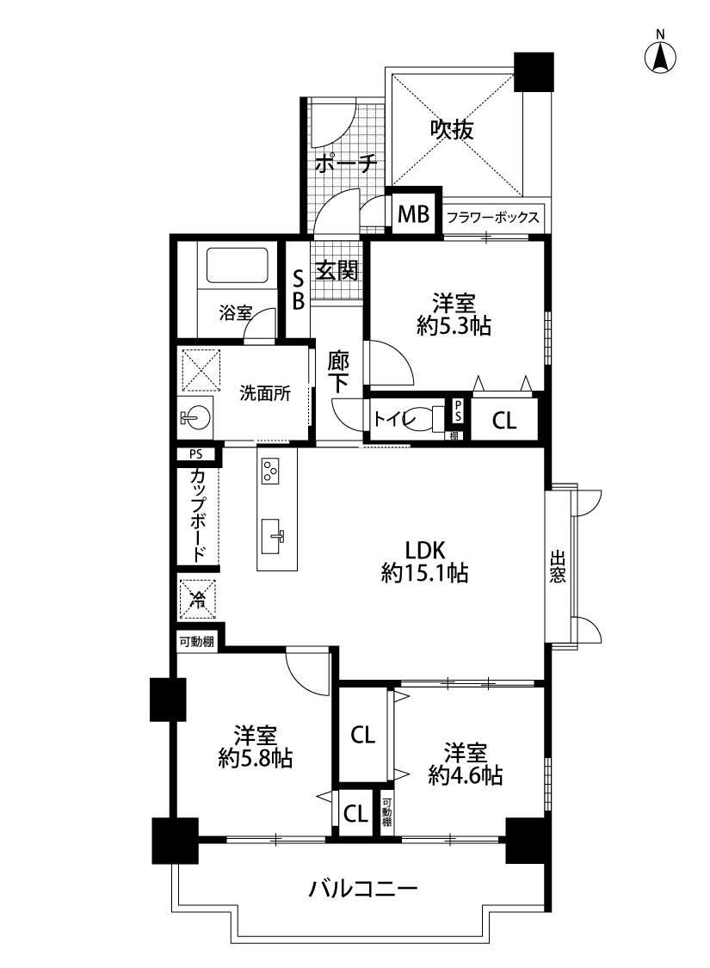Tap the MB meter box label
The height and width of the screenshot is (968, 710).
click(x=413, y=214)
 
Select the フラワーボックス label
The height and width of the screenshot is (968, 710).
click(x=492, y=218)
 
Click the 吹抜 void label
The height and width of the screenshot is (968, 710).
click(x=453, y=130)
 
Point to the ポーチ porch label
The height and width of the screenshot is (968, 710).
click(x=346, y=163)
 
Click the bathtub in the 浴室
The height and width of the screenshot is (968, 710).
click(x=237, y=266)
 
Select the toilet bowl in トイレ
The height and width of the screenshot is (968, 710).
click(x=427, y=418)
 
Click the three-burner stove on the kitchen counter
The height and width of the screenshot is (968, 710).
click(x=270, y=471)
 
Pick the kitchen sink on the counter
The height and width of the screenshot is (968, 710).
click(x=272, y=536)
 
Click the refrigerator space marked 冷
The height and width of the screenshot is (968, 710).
click(x=198, y=598)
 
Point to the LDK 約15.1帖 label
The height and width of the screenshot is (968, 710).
click(x=425, y=561)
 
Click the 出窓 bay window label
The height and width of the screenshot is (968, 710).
click(x=558, y=567)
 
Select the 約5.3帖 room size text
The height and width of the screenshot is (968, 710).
click(x=454, y=326)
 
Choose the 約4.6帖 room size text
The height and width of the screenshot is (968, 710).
click(x=466, y=774)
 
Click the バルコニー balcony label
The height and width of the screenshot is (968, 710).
click(x=364, y=889)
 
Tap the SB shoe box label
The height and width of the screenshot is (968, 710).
click(x=298, y=291)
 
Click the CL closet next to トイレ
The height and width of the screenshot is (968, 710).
click(x=504, y=421)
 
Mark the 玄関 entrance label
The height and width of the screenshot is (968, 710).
click(x=337, y=270)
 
